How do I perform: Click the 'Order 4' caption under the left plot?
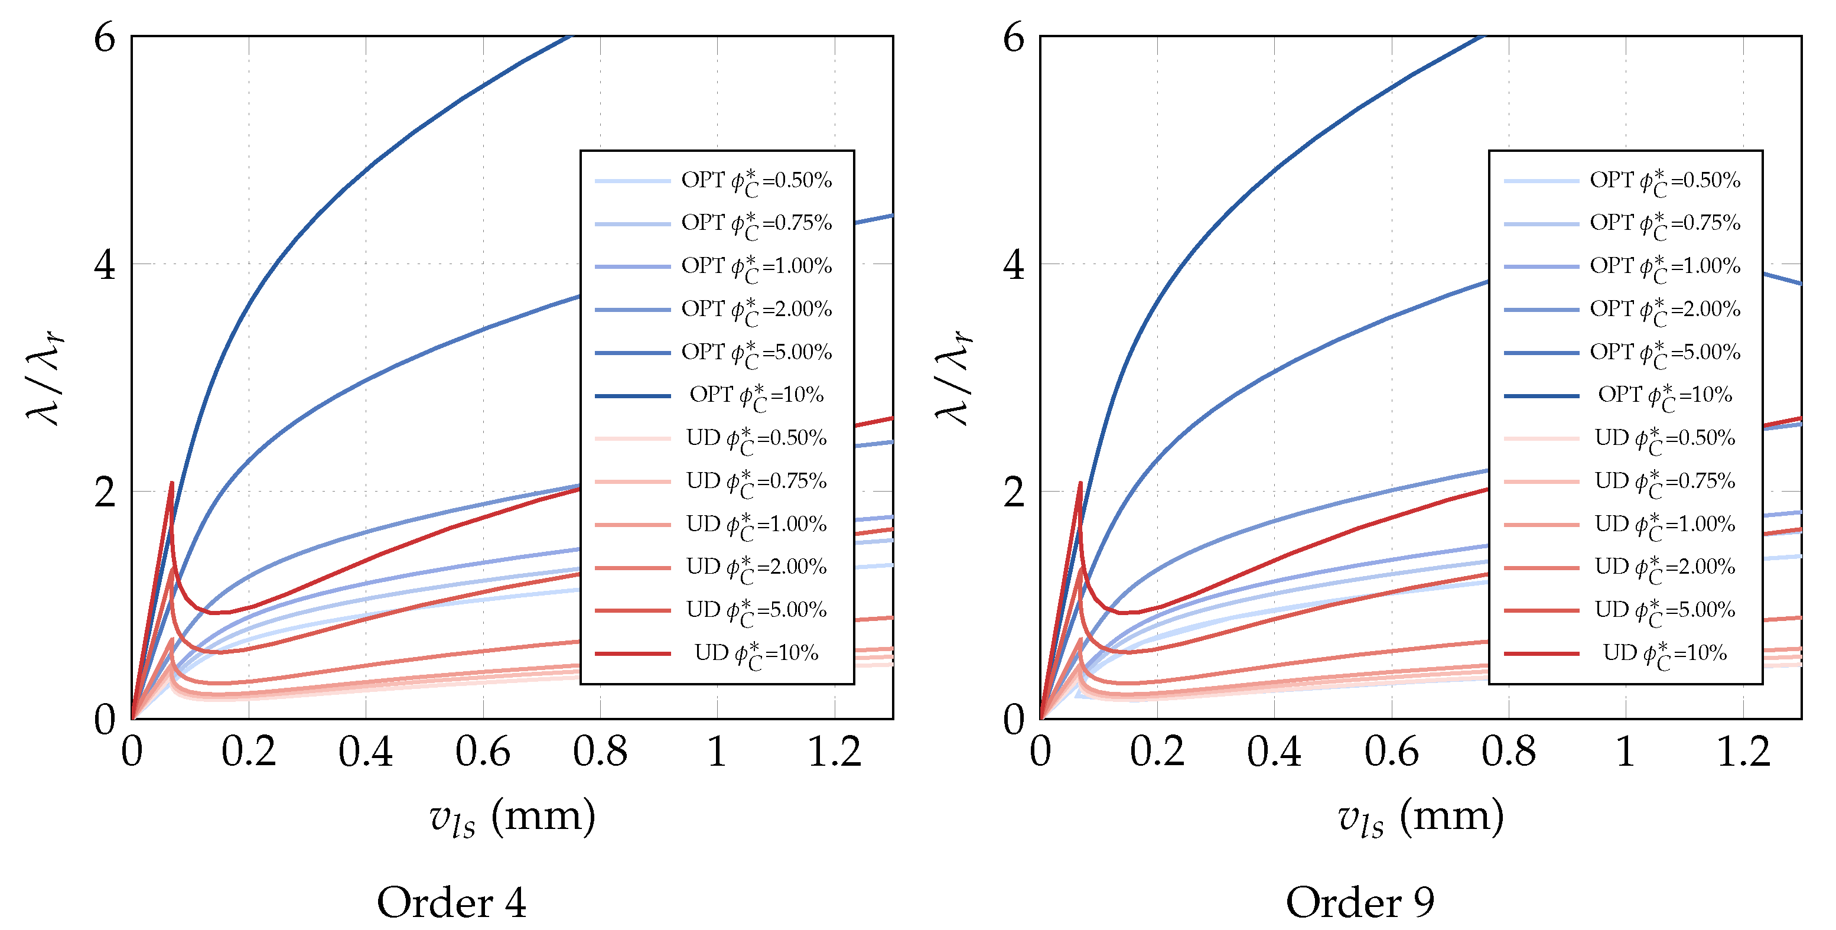(x=451, y=902)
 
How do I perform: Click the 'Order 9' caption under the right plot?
(x=1360, y=902)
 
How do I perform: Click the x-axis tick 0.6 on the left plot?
(x=483, y=752)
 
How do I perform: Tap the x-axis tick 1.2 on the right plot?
(x=1743, y=752)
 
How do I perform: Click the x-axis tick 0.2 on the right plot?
(x=1157, y=752)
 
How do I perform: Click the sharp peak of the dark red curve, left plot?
(x=172, y=483)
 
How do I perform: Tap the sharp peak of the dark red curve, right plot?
(x=1080, y=483)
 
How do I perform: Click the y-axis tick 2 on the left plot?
(x=104, y=492)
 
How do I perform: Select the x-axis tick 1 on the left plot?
(x=717, y=752)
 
